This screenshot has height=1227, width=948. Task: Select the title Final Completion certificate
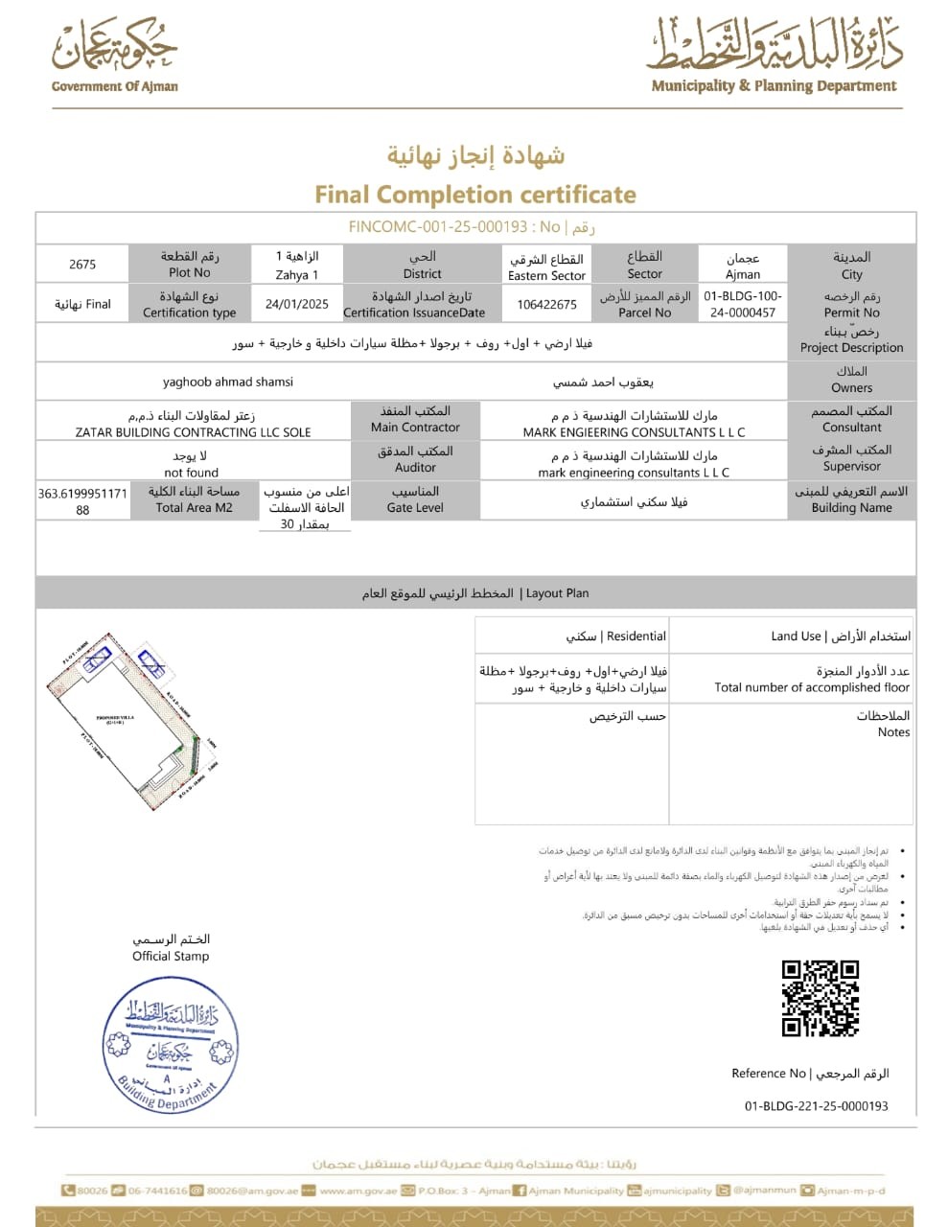coord(475,195)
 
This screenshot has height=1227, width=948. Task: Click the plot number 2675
coord(82,264)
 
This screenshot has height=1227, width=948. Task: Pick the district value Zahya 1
coord(297,274)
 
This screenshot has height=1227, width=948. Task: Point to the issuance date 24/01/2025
coord(297,304)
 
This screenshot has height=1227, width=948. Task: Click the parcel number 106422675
coord(546,304)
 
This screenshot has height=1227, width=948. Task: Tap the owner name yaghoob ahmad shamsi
coord(228,382)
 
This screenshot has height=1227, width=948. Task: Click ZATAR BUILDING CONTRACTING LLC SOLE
coord(194,432)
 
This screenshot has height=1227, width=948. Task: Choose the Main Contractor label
coord(415,428)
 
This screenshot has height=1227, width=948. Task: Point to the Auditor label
coord(415,468)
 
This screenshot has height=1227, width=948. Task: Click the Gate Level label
coord(415,508)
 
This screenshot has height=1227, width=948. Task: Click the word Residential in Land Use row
coord(636,636)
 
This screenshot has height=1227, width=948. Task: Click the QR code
coord(820,998)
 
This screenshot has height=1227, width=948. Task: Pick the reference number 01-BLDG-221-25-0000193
coord(816,1106)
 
